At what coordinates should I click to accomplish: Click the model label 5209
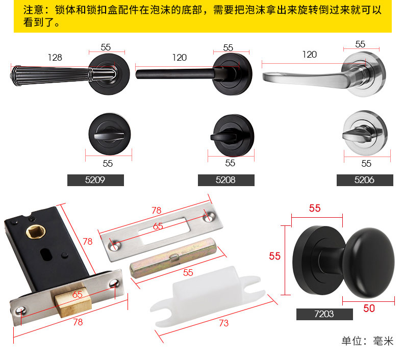(95, 180)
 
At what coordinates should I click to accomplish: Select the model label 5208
(226, 180)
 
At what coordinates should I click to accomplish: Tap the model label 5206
(365, 180)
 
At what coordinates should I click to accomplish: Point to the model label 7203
(324, 314)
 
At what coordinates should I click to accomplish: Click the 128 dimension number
(55, 58)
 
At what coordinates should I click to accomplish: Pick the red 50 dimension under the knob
(369, 308)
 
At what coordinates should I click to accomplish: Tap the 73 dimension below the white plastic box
(223, 323)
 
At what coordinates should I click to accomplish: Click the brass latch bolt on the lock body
(72, 301)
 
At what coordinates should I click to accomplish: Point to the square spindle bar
(173, 258)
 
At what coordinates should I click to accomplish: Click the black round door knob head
(369, 263)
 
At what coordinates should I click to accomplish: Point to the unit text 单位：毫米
(367, 341)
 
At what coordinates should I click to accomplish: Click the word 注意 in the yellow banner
(33, 10)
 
